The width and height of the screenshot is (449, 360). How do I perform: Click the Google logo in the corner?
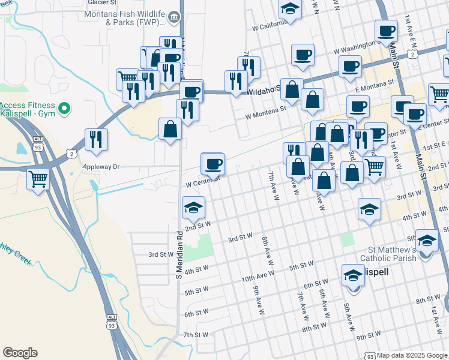click(x=20, y=353)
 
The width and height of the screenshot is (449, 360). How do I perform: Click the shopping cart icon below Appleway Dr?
click(x=38, y=178)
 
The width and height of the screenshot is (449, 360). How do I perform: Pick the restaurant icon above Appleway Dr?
click(x=96, y=139)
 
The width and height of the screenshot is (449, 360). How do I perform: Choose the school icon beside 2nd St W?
click(x=193, y=208)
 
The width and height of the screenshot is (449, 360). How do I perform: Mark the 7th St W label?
click(x=196, y=334)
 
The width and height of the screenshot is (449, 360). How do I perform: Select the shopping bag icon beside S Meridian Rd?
click(x=170, y=128)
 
